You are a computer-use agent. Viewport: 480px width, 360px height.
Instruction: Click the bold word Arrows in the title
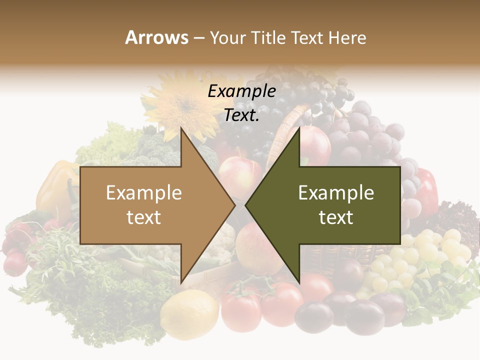(157, 38)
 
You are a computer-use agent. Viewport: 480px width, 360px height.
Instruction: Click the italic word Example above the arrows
(241, 91)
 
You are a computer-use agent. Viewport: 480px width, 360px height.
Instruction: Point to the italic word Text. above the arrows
(241, 115)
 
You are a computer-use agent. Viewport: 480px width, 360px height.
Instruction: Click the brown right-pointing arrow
(150, 205)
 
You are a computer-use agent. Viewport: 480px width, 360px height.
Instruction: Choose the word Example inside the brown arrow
(144, 193)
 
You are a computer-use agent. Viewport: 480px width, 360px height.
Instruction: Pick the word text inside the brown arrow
(144, 217)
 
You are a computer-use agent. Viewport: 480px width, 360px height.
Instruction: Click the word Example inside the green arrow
(336, 193)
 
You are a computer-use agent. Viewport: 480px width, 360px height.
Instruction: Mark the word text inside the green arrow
(336, 217)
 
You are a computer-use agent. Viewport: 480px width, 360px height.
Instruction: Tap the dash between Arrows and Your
(198, 38)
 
